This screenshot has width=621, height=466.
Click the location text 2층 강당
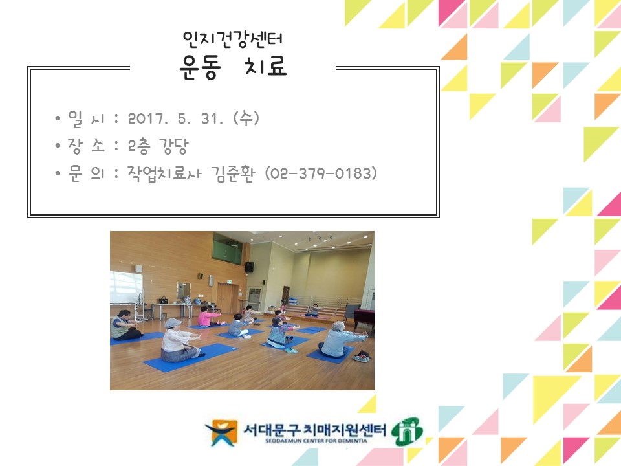point(158,147)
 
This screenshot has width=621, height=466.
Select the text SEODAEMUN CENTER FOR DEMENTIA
point(315,441)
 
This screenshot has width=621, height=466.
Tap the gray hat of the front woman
point(173,322)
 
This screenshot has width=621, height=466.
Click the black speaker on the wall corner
point(248,267)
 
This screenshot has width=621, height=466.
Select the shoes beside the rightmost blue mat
point(362,356)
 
